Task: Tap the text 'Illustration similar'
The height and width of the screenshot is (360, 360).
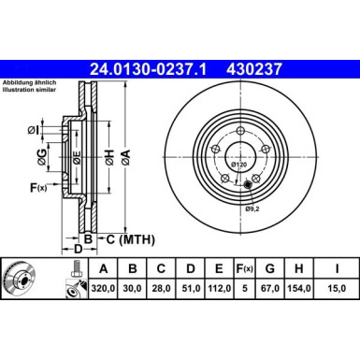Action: [x=32, y=92]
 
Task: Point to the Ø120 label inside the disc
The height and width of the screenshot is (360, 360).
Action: [x=238, y=166]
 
